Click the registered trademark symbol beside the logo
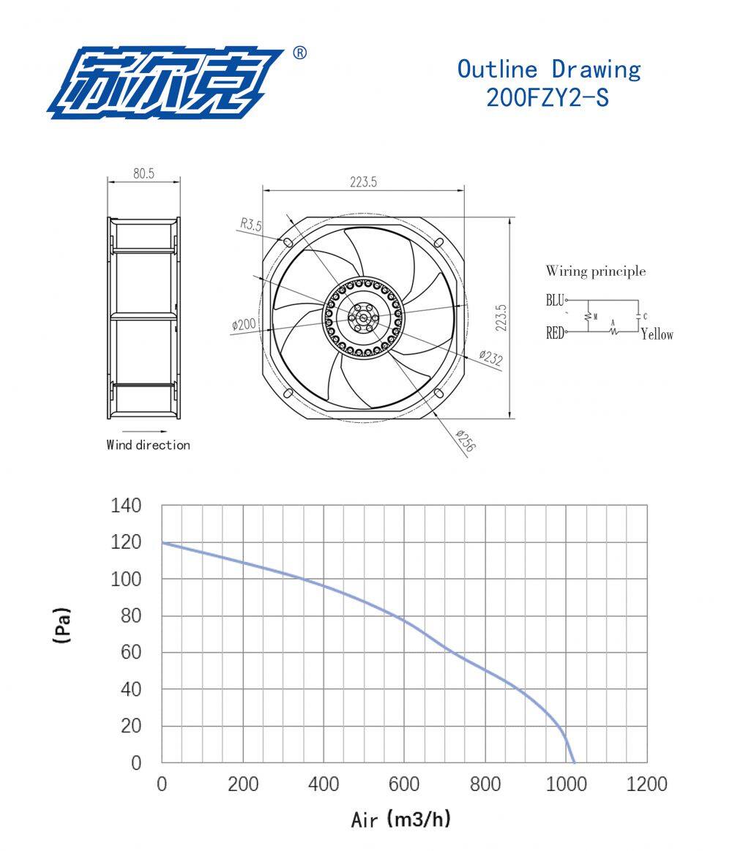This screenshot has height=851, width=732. (299, 53)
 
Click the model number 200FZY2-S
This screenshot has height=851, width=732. (548, 98)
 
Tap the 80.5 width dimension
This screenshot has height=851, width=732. (144, 173)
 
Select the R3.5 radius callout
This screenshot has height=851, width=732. (251, 224)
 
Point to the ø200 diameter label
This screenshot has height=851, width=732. (244, 325)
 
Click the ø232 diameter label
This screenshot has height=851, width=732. (491, 358)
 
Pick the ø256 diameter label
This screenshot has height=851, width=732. (466, 441)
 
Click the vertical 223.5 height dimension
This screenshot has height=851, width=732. (501, 318)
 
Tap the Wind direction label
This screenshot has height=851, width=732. (149, 445)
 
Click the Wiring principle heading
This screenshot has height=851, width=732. (596, 271)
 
